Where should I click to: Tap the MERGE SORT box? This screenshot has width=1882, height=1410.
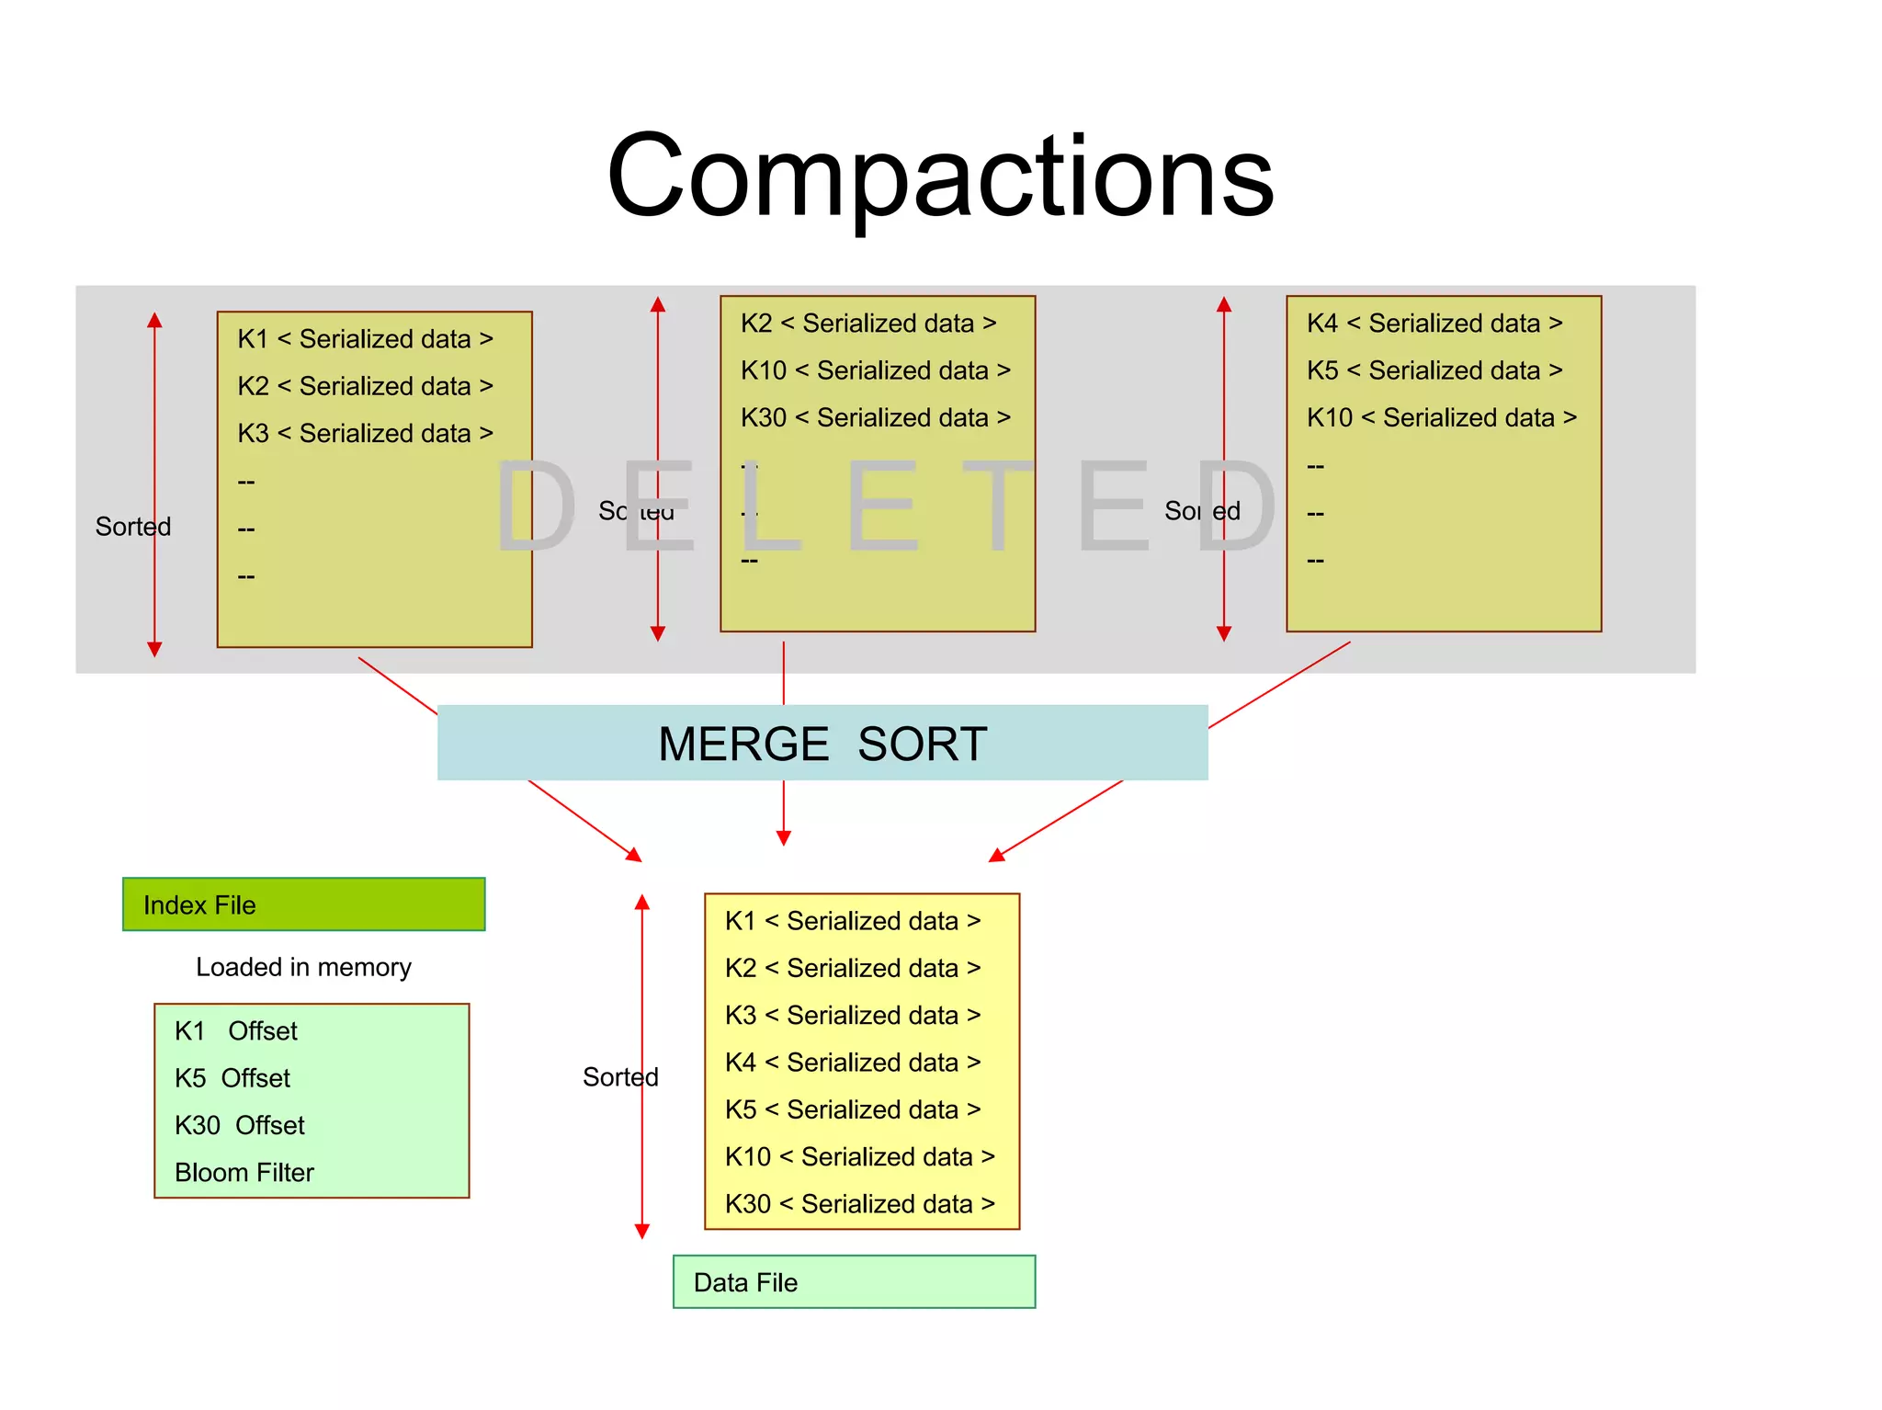pyautogui.click(x=822, y=743)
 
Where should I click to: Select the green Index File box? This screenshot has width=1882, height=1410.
pyautogui.click(x=303, y=904)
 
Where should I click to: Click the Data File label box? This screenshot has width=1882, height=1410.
pyautogui.click(x=854, y=1281)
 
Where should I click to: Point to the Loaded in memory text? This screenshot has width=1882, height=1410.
pyautogui.click(x=303, y=967)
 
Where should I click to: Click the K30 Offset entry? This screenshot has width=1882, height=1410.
pyautogui.click(x=239, y=1125)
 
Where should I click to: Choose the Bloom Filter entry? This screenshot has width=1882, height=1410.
pyautogui.click(x=244, y=1172)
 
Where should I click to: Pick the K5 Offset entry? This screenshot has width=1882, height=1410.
pyautogui.click(x=232, y=1078)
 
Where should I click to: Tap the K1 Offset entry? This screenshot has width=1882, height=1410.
pyautogui.click(x=235, y=1030)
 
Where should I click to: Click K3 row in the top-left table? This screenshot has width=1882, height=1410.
pyautogui.click(x=365, y=433)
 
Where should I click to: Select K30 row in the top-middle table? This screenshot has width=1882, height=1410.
pyautogui.click(x=875, y=417)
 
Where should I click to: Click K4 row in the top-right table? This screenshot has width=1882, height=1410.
pyautogui.click(x=1434, y=323)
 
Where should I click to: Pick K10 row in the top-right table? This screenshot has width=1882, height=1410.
pyautogui.click(x=1441, y=417)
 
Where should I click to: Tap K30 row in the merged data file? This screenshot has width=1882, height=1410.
pyautogui.click(x=859, y=1203)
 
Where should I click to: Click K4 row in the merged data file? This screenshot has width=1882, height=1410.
pyautogui.click(x=852, y=1062)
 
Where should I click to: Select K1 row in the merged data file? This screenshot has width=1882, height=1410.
pyautogui.click(x=852, y=920)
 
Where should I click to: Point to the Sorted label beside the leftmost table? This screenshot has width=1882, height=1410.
pyautogui.click(x=132, y=527)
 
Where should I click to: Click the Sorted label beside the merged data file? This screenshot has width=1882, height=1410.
pyautogui.click(x=620, y=1076)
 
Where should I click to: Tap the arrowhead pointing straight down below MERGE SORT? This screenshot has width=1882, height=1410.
pyautogui.click(x=783, y=837)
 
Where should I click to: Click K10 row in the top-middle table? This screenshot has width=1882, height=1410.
pyautogui.click(x=875, y=370)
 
